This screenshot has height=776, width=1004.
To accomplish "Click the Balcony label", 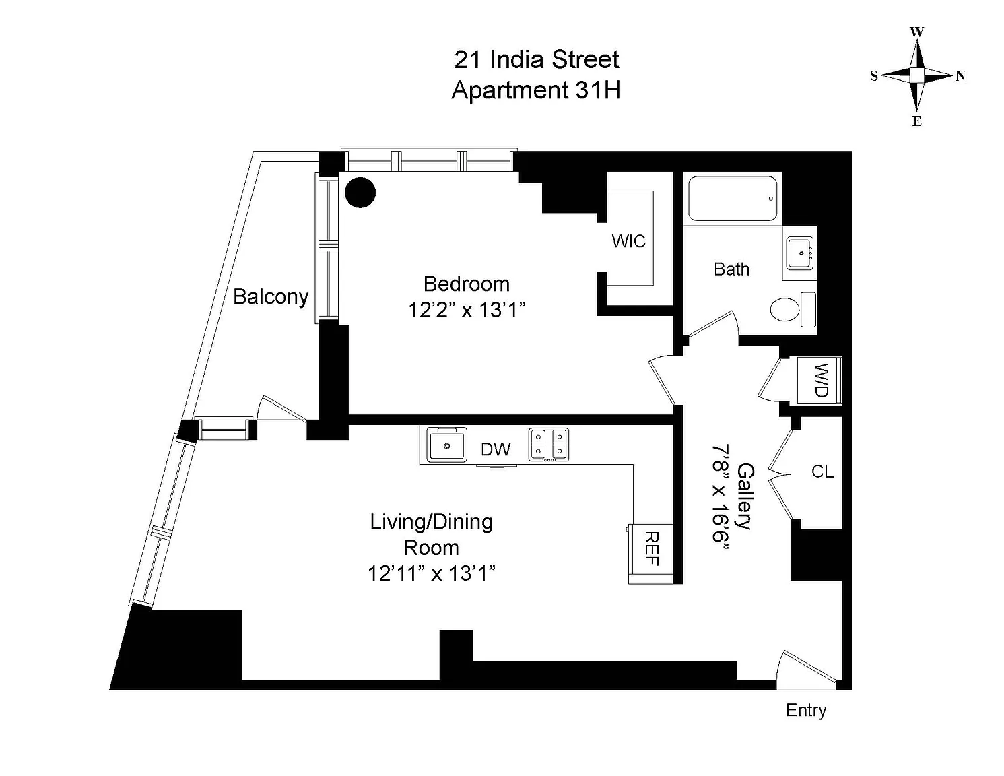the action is pyautogui.click(x=271, y=296).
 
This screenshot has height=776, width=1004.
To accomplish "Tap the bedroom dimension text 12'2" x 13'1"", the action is pyautogui.click(x=467, y=310).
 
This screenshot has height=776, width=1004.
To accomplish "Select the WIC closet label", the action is pyautogui.click(x=628, y=241).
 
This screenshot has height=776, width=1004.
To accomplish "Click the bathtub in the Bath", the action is pyautogui.click(x=733, y=199).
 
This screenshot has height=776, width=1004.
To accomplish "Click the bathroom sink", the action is pyautogui.click(x=801, y=253).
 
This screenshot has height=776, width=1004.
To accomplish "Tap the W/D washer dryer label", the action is pyautogui.click(x=820, y=380).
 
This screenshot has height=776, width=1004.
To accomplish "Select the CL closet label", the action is pyautogui.click(x=822, y=472).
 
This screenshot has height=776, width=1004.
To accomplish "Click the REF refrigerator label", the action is pyautogui.click(x=651, y=548).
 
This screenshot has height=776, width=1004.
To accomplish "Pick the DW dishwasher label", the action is pyautogui.click(x=496, y=449).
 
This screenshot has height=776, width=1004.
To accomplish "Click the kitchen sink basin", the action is pyautogui.click(x=446, y=445).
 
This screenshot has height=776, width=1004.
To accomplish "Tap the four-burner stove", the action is pyautogui.click(x=548, y=445).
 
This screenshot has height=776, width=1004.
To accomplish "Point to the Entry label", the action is pyautogui.click(x=806, y=711).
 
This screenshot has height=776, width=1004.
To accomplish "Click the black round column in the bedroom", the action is pyautogui.click(x=360, y=193).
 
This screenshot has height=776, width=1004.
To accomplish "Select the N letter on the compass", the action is pyautogui.click(x=960, y=76).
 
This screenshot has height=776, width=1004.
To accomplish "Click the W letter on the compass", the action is pyautogui.click(x=917, y=32).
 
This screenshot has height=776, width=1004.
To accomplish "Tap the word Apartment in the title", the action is pyautogui.click(x=510, y=90).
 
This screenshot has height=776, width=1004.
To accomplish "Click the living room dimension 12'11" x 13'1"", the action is pyautogui.click(x=432, y=573).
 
